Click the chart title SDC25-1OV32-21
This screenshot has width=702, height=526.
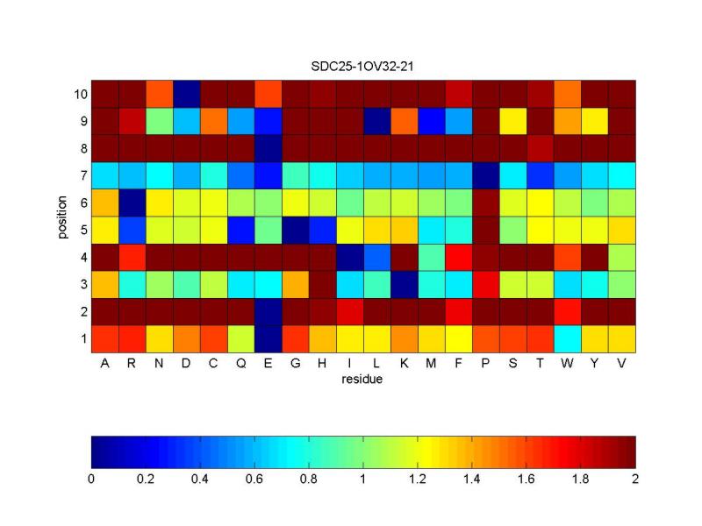click(x=363, y=67)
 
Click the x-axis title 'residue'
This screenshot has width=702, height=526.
click(x=363, y=380)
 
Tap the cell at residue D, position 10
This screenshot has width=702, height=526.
click(x=186, y=94)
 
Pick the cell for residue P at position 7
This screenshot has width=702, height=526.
click(x=485, y=175)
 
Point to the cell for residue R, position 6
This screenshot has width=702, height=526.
click(x=132, y=203)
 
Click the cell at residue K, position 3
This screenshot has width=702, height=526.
click(x=404, y=284)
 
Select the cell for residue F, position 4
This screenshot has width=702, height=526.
click(x=458, y=257)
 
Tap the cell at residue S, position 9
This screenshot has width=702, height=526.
click(x=512, y=121)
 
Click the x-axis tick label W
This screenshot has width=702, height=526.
click(x=567, y=365)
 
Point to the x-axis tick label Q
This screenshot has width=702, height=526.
click(x=240, y=365)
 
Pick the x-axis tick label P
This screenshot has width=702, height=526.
click(x=485, y=365)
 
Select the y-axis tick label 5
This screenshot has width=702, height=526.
click(x=82, y=230)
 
